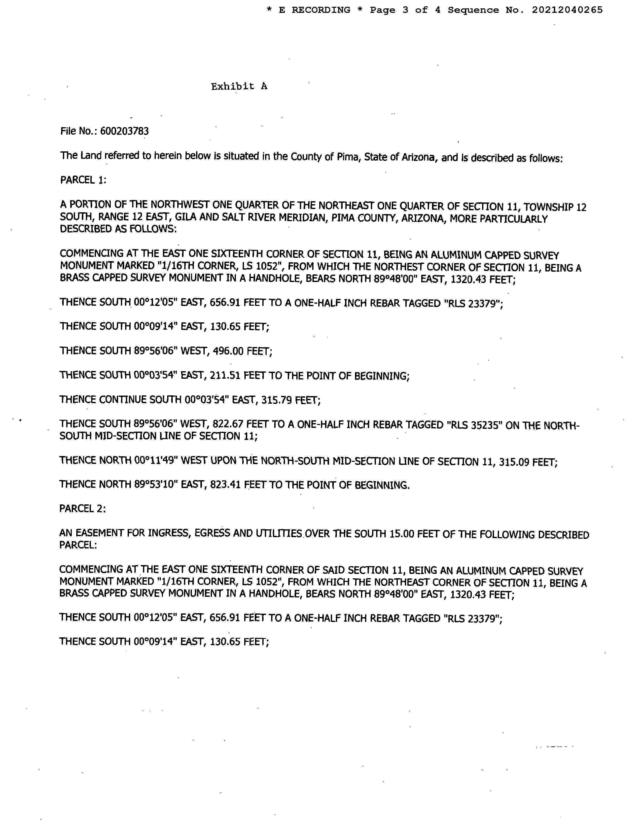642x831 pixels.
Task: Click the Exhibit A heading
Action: (239, 86)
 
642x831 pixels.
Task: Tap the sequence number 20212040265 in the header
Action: (567, 10)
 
